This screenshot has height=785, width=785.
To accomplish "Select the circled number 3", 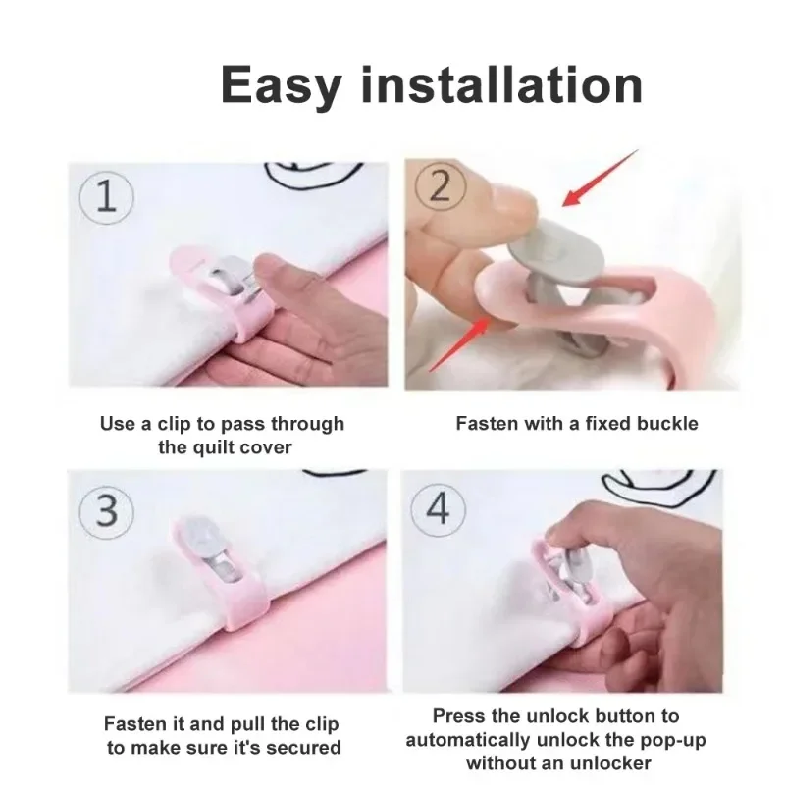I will coord(106,511).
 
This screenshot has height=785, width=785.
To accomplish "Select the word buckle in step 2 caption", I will coord(665,424).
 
